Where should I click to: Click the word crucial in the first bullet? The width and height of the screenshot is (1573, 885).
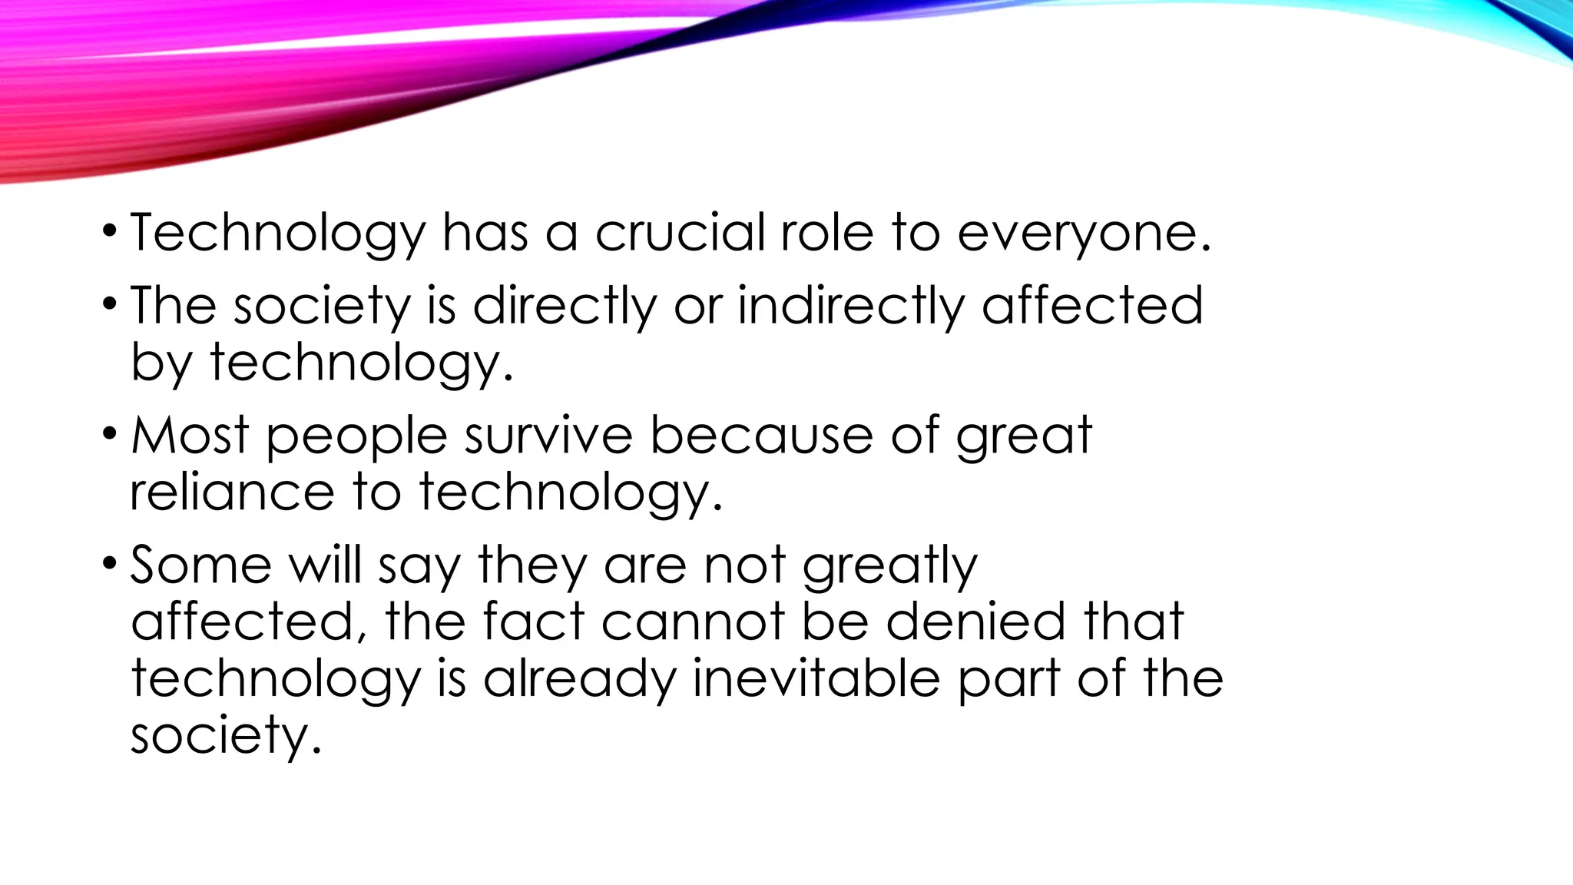[679, 232]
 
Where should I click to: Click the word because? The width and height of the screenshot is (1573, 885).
[761, 436]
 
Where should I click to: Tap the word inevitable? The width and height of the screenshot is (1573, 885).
[816, 679]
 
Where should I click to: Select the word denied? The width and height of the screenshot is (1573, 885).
[975, 621]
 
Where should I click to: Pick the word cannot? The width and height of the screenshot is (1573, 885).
[693, 621]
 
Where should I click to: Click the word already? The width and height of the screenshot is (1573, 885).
[578, 681]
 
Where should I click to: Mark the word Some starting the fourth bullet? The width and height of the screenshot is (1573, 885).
[200, 565]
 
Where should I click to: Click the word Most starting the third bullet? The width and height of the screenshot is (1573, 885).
[190, 436]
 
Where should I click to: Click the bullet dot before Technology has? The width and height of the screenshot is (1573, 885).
[110, 230]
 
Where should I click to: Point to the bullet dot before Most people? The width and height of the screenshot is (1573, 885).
[110, 434]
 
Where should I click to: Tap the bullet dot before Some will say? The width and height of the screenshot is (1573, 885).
[110, 564]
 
